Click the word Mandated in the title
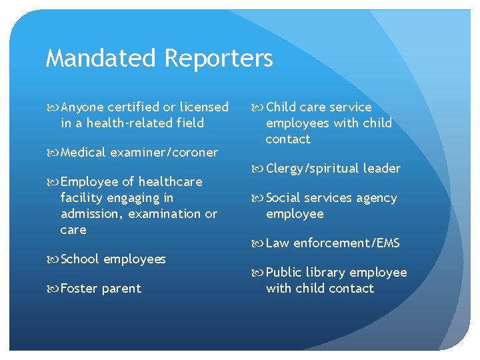tap(101, 58)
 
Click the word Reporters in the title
tap(219, 59)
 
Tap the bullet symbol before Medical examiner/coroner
tap(53, 153)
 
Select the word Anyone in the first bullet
tap(83, 108)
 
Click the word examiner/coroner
tap(164, 153)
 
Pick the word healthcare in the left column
tap(170, 181)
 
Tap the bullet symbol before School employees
tap(53, 259)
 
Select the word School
tap(79, 259)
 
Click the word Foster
tap(79, 289)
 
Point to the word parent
tap(121, 289)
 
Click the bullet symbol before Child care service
tap(257, 107)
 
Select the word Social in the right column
tap(283, 197)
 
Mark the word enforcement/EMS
tap(347, 243)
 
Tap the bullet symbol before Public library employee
tap(257, 273)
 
